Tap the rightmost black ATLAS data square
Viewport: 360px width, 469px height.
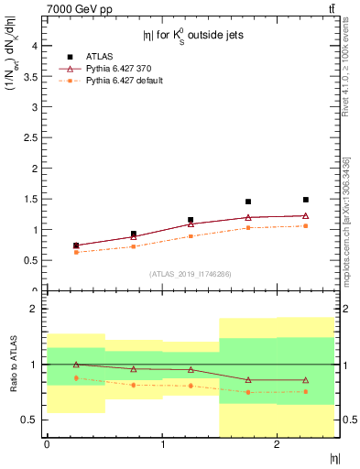306,200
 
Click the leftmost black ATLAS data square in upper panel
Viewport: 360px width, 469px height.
76,245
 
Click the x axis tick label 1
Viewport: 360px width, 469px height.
162,445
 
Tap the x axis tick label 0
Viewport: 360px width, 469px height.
47,445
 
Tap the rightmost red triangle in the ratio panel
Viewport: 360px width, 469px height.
306,380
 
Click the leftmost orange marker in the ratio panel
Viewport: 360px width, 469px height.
76,377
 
